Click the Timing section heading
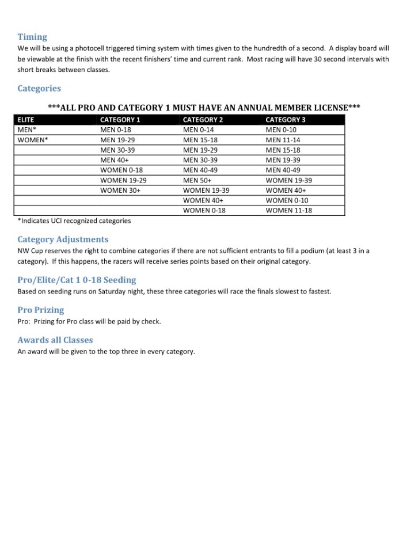[32, 37]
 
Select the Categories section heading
[39, 89]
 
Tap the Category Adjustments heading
[63, 239]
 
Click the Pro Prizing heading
[41, 310]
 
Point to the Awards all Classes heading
[55, 340]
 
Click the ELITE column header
[26, 120]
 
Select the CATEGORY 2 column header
[203, 120]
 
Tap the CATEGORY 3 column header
[286, 120]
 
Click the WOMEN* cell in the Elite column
[33, 140]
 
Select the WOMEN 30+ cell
[120, 191]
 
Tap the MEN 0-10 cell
[281, 130]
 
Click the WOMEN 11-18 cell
[288, 211]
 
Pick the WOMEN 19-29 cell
[123, 180]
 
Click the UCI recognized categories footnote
[74, 220]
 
